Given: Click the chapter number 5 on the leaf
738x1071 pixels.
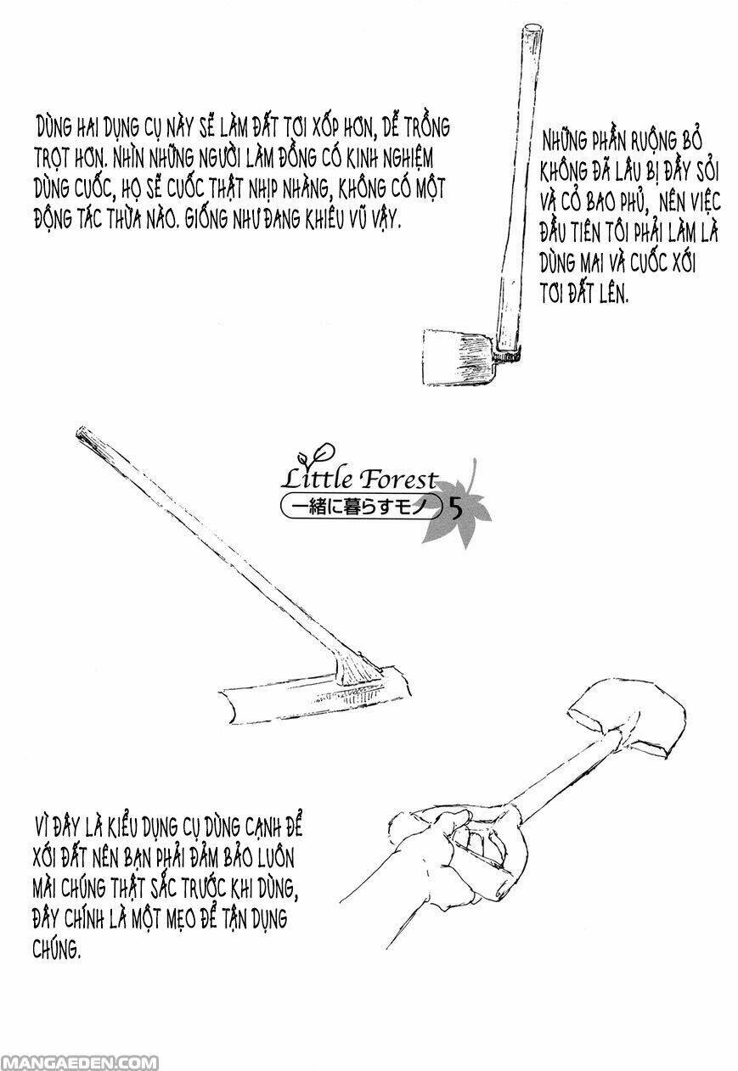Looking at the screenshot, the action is [456, 510].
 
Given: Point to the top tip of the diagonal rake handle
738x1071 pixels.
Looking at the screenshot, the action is [79, 432].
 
